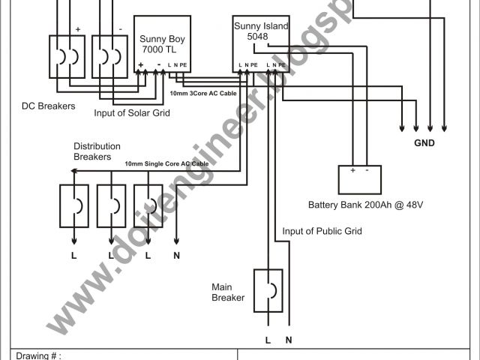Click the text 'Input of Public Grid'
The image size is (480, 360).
322,231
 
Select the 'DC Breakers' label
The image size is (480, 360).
49,106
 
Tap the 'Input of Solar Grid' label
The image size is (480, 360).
133,112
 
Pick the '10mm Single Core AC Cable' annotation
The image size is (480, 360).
166,163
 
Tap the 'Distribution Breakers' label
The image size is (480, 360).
92,151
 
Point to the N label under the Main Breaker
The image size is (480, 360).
289,340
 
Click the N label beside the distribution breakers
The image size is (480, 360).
176,255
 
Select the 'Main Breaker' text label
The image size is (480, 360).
229,292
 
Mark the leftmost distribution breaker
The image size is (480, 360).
74,205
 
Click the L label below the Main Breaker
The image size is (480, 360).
268,340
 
